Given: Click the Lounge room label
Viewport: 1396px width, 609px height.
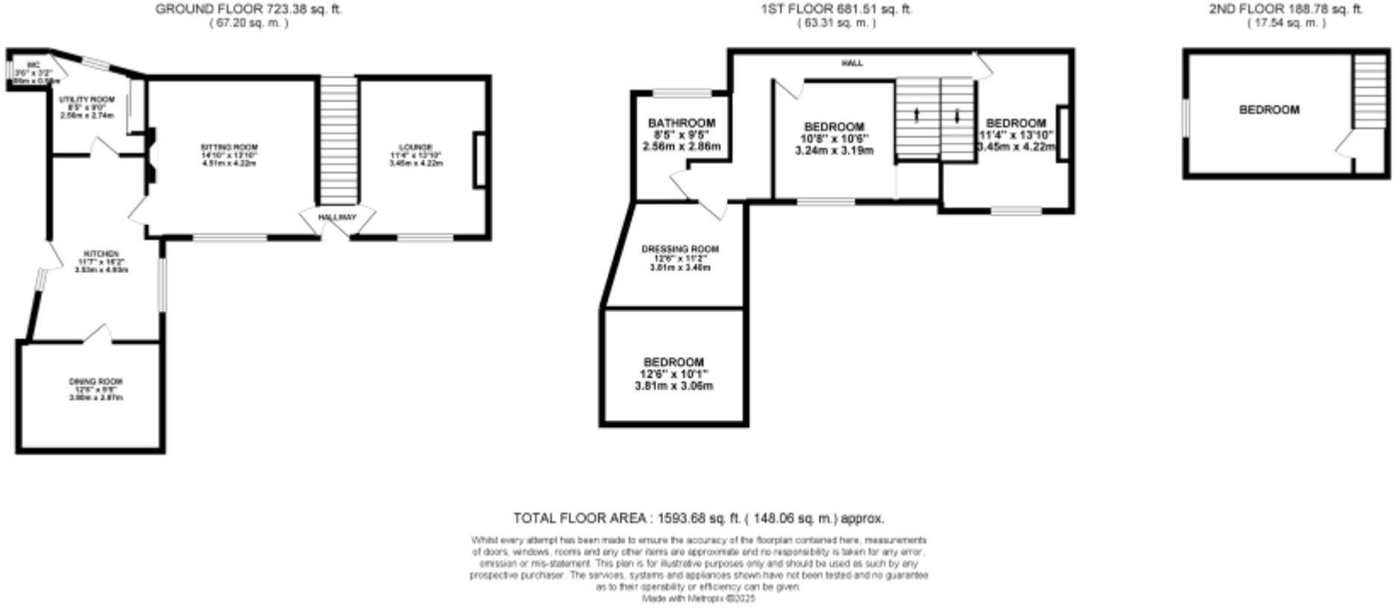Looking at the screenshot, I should [x=415, y=146].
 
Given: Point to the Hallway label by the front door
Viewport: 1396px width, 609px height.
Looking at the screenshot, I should [x=337, y=217].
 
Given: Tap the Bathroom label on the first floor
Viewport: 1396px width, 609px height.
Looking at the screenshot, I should [x=681, y=122].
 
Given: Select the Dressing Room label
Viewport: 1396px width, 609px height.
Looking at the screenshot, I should [x=680, y=249].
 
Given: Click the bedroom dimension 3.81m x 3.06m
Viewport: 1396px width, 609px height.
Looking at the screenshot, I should [x=673, y=386].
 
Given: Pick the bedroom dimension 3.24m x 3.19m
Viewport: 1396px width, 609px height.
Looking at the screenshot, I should [x=834, y=150].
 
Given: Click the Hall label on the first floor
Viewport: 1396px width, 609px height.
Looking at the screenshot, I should [x=852, y=63].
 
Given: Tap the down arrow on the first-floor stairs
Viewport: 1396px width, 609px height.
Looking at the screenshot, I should [x=958, y=116].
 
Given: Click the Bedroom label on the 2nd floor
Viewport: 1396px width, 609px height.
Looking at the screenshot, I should [x=1268, y=110].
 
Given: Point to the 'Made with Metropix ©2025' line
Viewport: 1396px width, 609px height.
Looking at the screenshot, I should [x=699, y=599].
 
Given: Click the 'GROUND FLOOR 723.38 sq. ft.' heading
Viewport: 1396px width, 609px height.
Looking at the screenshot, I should [x=249, y=10].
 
